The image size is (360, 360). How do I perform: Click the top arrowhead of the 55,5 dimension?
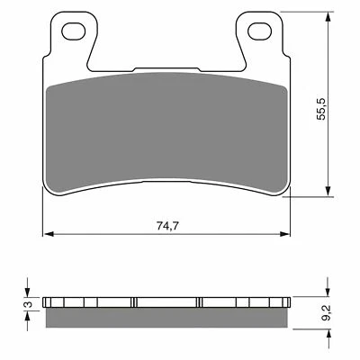pyautogui.click(x=325, y=20)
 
